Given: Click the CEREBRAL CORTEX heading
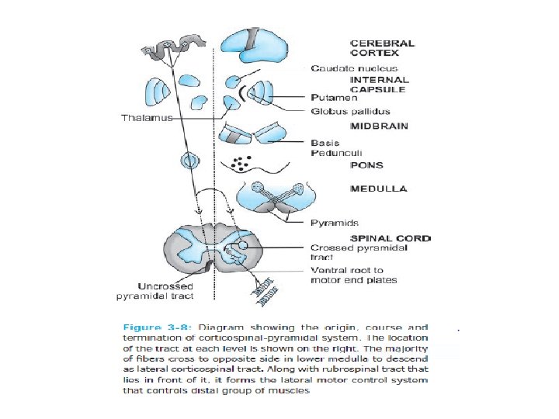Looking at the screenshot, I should pos(383,49).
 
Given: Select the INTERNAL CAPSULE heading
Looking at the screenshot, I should pos(380,85).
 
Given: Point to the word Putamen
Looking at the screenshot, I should pos(333,99).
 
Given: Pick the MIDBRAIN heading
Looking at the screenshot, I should pos(379,126).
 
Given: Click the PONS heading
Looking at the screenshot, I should pos(366,165).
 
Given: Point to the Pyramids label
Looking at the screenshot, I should pos(334,223).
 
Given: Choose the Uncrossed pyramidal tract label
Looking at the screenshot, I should pos(155,289).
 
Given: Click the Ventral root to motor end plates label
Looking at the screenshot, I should pos(353,275).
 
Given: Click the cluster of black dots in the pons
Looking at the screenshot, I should pos(241,164).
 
